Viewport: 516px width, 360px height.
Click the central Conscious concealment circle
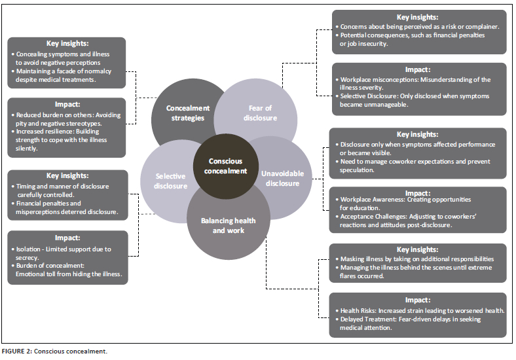click(226, 166)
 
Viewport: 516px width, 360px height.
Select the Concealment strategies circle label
click(187, 113)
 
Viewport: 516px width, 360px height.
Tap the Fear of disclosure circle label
click(260, 113)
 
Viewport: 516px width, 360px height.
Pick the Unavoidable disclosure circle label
click(282, 178)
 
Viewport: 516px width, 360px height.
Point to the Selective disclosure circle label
click(170, 181)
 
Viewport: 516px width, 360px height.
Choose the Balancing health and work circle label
click(229, 225)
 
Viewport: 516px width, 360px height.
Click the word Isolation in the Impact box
click(29, 249)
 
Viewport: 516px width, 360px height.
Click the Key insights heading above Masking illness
click(417, 249)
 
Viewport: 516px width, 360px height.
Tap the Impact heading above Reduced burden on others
click(67, 104)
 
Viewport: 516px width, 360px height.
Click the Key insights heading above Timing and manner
click(67, 175)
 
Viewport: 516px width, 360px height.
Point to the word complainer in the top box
click(482, 27)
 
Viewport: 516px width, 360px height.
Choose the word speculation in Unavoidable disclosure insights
click(357, 170)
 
